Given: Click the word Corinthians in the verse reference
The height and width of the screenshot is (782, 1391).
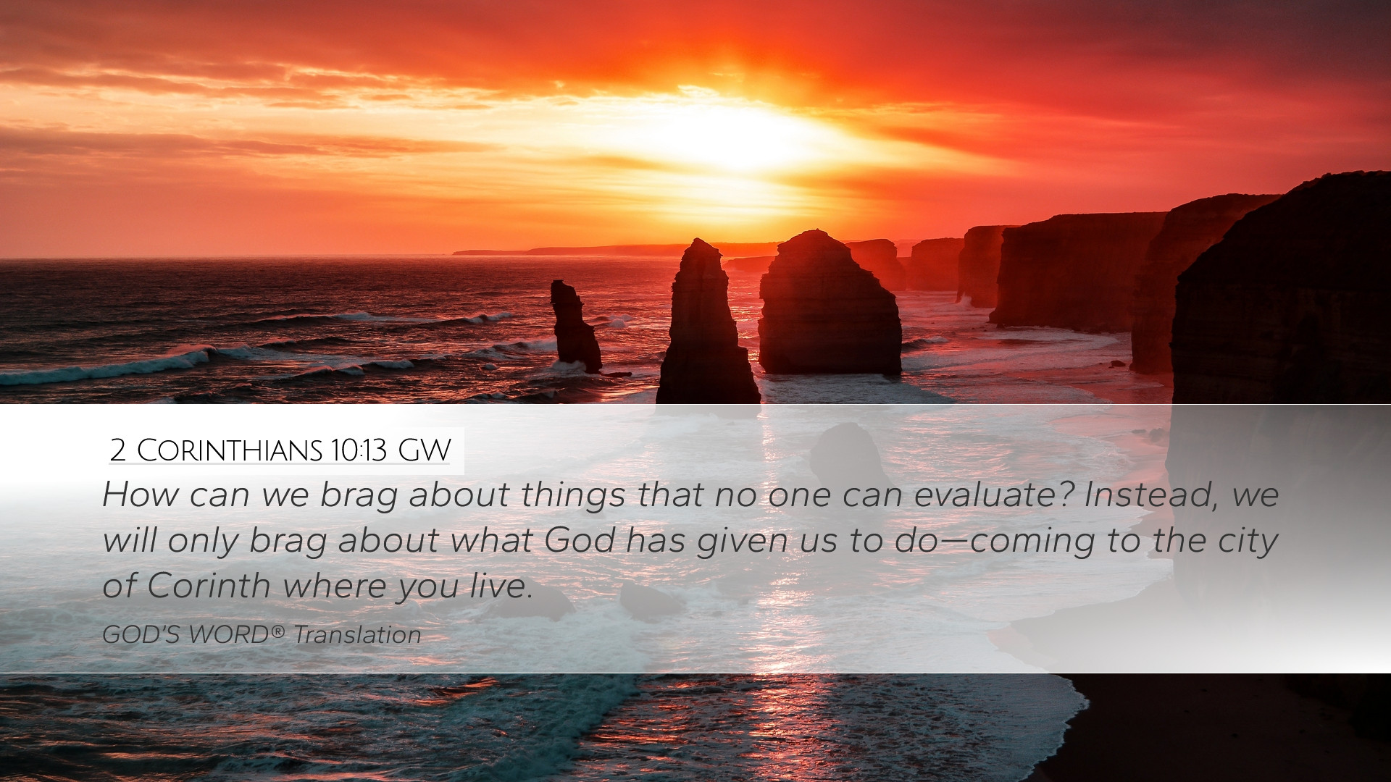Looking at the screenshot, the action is click(230, 450).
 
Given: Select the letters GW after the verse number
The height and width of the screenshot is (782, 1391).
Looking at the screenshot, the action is click(425, 450).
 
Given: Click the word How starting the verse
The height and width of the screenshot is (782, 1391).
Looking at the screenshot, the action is click(141, 495).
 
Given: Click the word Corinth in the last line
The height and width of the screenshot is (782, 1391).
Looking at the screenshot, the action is click(209, 585).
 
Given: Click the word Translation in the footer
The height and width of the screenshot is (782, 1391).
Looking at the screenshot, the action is click(357, 635).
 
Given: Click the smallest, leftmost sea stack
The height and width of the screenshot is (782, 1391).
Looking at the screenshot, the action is click(575, 326).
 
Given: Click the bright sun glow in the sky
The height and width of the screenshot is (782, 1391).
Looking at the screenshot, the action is click(732, 138).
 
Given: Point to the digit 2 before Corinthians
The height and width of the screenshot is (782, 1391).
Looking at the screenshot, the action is click(118, 450).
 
